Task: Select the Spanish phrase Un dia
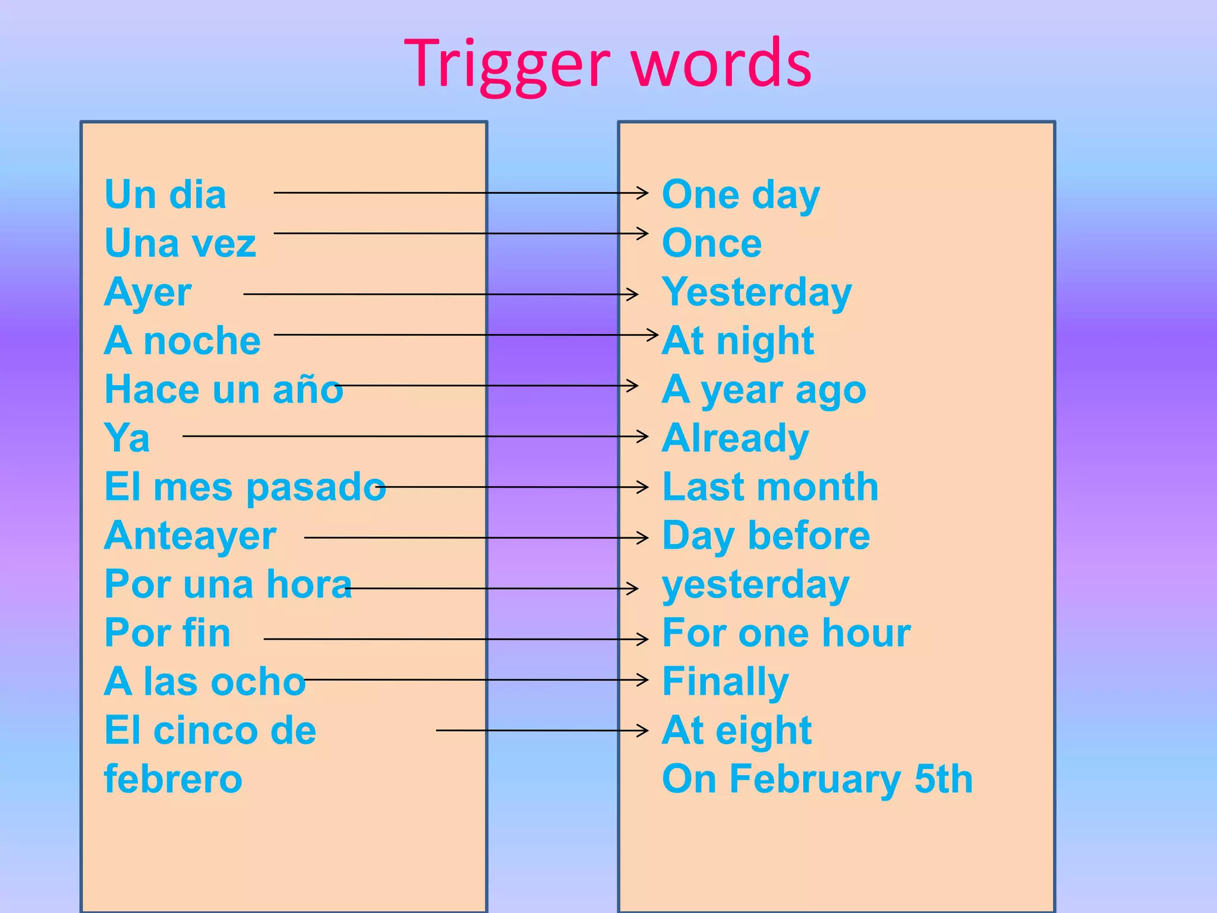coord(165,194)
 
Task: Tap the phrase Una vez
coord(180,243)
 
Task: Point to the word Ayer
coord(147,292)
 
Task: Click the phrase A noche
coord(182,341)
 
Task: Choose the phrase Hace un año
coord(223,389)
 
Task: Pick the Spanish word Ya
coord(127,438)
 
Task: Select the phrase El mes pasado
coord(245,487)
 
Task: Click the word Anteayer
coord(190,536)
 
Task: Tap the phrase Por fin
coord(168,632)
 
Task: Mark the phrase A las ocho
coord(205,681)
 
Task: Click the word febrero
coord(173,779)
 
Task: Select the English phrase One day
coord(740,194)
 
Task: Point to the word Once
coord(711,243)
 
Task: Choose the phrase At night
coord(737,341)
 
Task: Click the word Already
coord(735,438)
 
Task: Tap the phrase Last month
coord(770,487)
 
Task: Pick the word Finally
coord(725,681)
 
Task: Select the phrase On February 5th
coord(817,779)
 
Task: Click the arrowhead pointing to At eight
coord(644,730)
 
